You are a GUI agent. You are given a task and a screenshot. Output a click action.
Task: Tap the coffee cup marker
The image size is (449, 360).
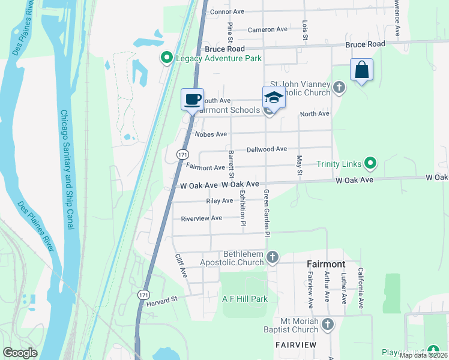point(192,99)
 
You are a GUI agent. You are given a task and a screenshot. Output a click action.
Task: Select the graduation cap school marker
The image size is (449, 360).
point(273,97)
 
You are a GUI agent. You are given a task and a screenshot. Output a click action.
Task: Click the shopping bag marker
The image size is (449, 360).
point(361,70)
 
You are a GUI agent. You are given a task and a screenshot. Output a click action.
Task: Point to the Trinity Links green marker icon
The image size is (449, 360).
point(370,163)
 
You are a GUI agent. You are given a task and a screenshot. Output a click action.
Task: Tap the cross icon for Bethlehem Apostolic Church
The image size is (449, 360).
point(273,258)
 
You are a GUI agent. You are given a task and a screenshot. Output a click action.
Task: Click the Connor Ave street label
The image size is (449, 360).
point(228,11)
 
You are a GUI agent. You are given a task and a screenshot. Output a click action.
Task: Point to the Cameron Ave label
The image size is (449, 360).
point(268,29)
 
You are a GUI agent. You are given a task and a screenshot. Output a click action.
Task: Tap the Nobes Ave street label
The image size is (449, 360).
point(209,134)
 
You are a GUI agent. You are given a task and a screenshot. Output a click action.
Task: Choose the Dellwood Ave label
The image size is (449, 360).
point(267,149)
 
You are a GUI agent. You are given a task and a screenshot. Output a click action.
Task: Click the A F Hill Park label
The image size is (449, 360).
point(244,299)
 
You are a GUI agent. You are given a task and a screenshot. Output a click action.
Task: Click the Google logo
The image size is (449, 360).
point(20,352)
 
